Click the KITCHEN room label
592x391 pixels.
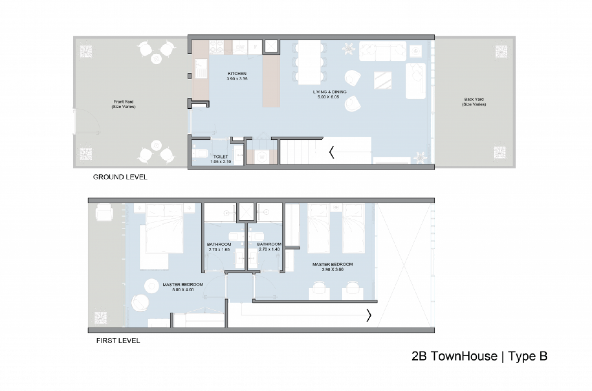[x=237, y=73]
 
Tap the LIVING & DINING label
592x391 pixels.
[x=330, y=92]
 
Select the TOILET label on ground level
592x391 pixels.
[x=220, y=157]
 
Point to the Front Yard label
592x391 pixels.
[x=123, y=102]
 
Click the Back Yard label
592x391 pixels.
[x=474, y=99]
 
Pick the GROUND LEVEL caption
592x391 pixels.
[x=120, y=177]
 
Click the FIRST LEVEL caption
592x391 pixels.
[x=118, y=341]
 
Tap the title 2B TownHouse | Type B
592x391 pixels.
[x=479, y=356]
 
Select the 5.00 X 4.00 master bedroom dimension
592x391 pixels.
[x=183, y=290]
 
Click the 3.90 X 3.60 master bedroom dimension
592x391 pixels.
[x=332, y=269]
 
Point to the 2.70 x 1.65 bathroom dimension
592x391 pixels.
[x=219, y=249]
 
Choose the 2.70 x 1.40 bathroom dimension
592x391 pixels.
[x=269, y=249]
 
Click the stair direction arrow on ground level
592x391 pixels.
[x=332, y=152]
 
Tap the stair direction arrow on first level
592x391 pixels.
[x=369, y=315]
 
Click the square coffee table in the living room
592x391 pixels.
[x=383, y=81]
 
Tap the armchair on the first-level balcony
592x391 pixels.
[x=104, y=212]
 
